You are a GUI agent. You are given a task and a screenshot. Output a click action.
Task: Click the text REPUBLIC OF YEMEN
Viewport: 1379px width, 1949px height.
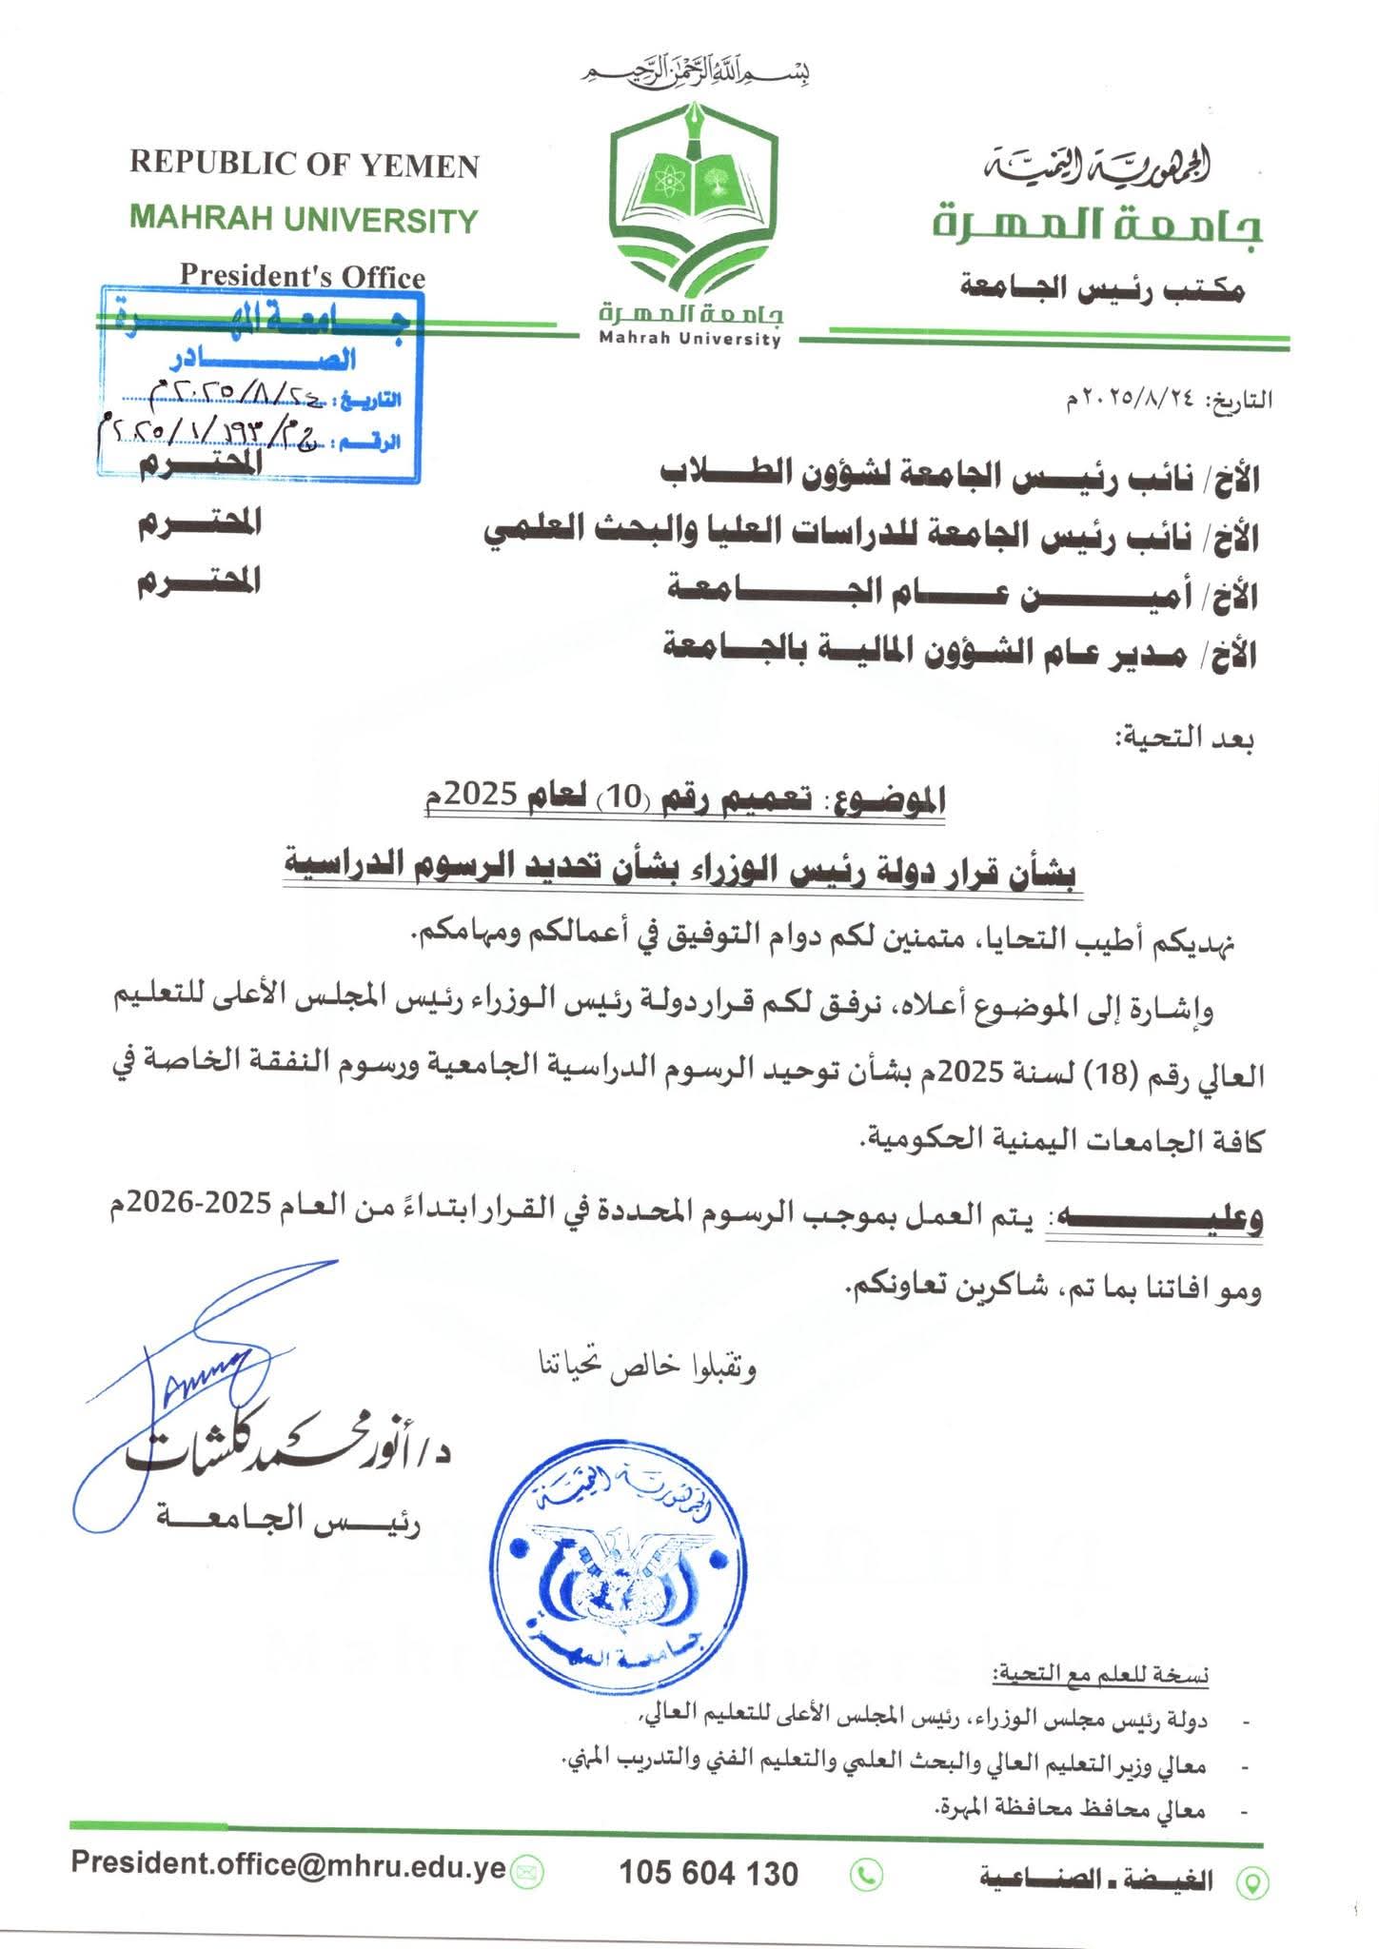(x=305, y=165)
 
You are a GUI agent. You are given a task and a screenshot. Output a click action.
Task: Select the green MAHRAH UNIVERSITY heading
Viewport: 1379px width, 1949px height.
(x=304, y=220)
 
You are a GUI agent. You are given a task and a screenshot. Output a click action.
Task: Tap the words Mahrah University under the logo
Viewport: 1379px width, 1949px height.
(x=690, y=339)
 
